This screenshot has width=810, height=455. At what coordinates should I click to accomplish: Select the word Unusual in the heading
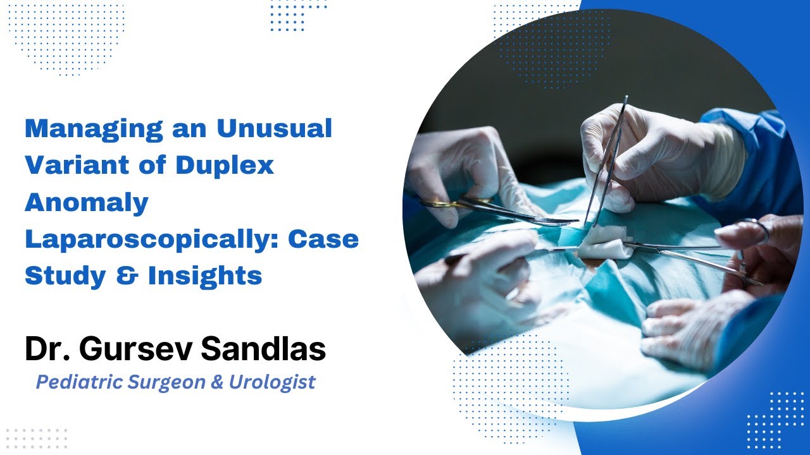[x=274, y=129]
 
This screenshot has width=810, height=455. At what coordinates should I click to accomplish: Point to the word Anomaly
[x=86, y=202]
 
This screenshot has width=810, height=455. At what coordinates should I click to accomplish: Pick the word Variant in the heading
[x=79, y=166]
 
